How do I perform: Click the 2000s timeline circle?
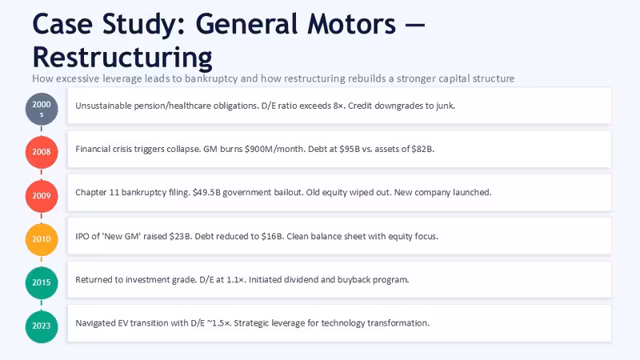coord(42,109)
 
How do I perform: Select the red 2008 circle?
coord(42,152)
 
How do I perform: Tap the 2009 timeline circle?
coord(42,196)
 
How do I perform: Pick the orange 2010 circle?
coord(42,239)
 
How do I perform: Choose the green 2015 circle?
coord(42,282)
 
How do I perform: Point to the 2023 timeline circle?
coord(42,326)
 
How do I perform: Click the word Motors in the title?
coord(351,24)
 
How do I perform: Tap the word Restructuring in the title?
coord(122,58)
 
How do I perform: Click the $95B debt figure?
coord(350,149)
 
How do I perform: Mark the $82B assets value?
coord(422,149)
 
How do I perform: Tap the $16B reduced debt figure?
coord(273,236)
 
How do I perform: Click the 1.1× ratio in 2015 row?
coord(236,280)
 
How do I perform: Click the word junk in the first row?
coord(446,106)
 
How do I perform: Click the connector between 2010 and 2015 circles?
coord(42,261)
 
